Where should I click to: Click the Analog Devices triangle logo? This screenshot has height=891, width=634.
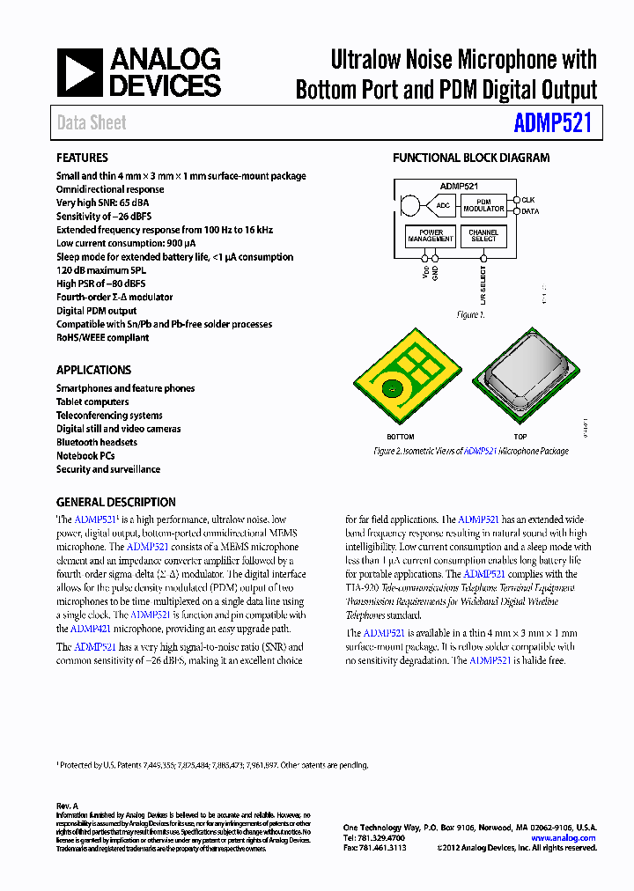point(80,73)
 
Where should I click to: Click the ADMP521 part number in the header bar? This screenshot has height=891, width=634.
point(552,123)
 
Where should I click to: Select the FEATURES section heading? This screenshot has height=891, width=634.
point(82,158)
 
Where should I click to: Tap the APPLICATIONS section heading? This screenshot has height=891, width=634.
point(93,371)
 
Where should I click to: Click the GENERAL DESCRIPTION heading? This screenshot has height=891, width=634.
point(115,502)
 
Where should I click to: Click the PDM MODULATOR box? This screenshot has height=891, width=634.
point(483,205)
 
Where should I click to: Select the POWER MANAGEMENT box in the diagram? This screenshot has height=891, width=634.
point(431,236)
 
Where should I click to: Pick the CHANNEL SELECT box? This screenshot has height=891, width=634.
point(483,236)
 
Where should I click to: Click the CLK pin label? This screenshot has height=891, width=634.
point(528,200)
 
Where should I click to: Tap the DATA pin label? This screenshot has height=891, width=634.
point(530,211)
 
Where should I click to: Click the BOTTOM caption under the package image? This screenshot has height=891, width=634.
point(401,437)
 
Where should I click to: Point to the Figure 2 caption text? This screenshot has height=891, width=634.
point(471,451)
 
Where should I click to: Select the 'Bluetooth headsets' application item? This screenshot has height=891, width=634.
point(97,442)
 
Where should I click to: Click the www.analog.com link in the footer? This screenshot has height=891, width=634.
point(564,838)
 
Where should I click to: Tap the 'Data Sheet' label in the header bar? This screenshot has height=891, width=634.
point(92,123)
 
